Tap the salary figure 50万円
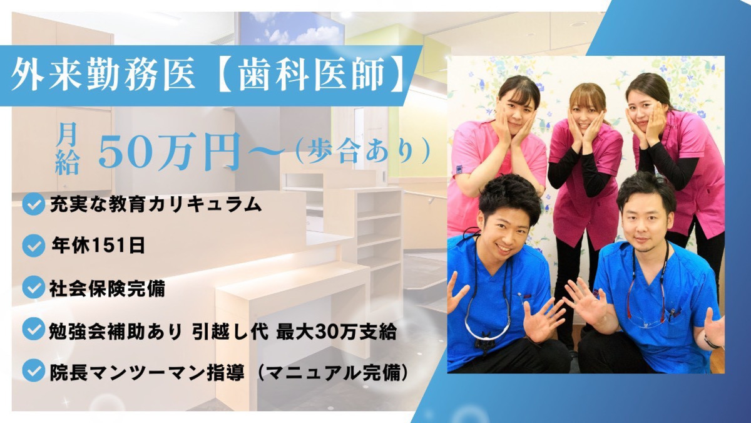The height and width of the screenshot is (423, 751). (x=169, y=154)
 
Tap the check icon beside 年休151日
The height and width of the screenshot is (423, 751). (x=33, y=246)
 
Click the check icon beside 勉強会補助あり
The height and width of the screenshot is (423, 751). (x=33, y=330)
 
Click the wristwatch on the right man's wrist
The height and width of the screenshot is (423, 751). (x=711, y=342)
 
